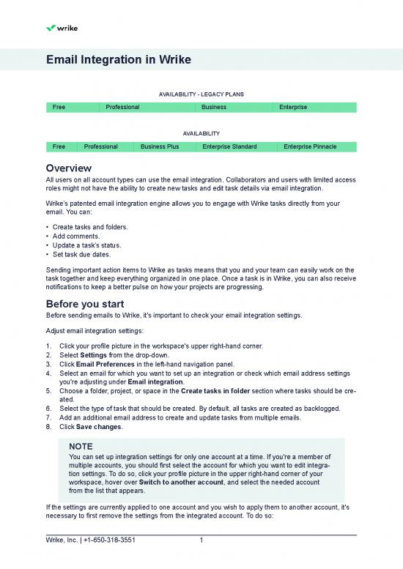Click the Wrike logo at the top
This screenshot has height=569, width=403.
(62, 28)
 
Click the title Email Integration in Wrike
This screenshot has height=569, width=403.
(119, 60)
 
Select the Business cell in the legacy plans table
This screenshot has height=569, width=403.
(213, 108)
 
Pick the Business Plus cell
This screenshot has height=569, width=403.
(160, 147)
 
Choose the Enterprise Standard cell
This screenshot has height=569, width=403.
(229, 147)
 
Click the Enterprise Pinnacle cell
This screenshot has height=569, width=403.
(310, 147)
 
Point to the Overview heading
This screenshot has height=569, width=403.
(68, 168)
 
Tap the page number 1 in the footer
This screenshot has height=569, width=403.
(201, 541)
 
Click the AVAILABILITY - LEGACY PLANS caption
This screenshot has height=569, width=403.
(201, 94)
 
